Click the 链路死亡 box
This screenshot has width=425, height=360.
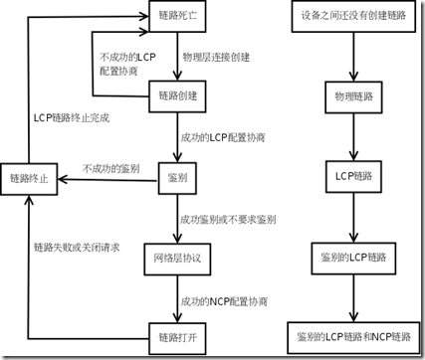(177, 18)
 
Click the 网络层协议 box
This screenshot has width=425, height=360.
(177, 257)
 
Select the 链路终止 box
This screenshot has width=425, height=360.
(30, 179)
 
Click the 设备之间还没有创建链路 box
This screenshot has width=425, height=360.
(352, 18)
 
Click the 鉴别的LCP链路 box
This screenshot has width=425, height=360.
(352, 256)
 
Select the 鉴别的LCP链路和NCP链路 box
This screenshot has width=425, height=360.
(352, 332)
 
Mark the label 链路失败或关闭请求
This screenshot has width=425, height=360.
(77, 246)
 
